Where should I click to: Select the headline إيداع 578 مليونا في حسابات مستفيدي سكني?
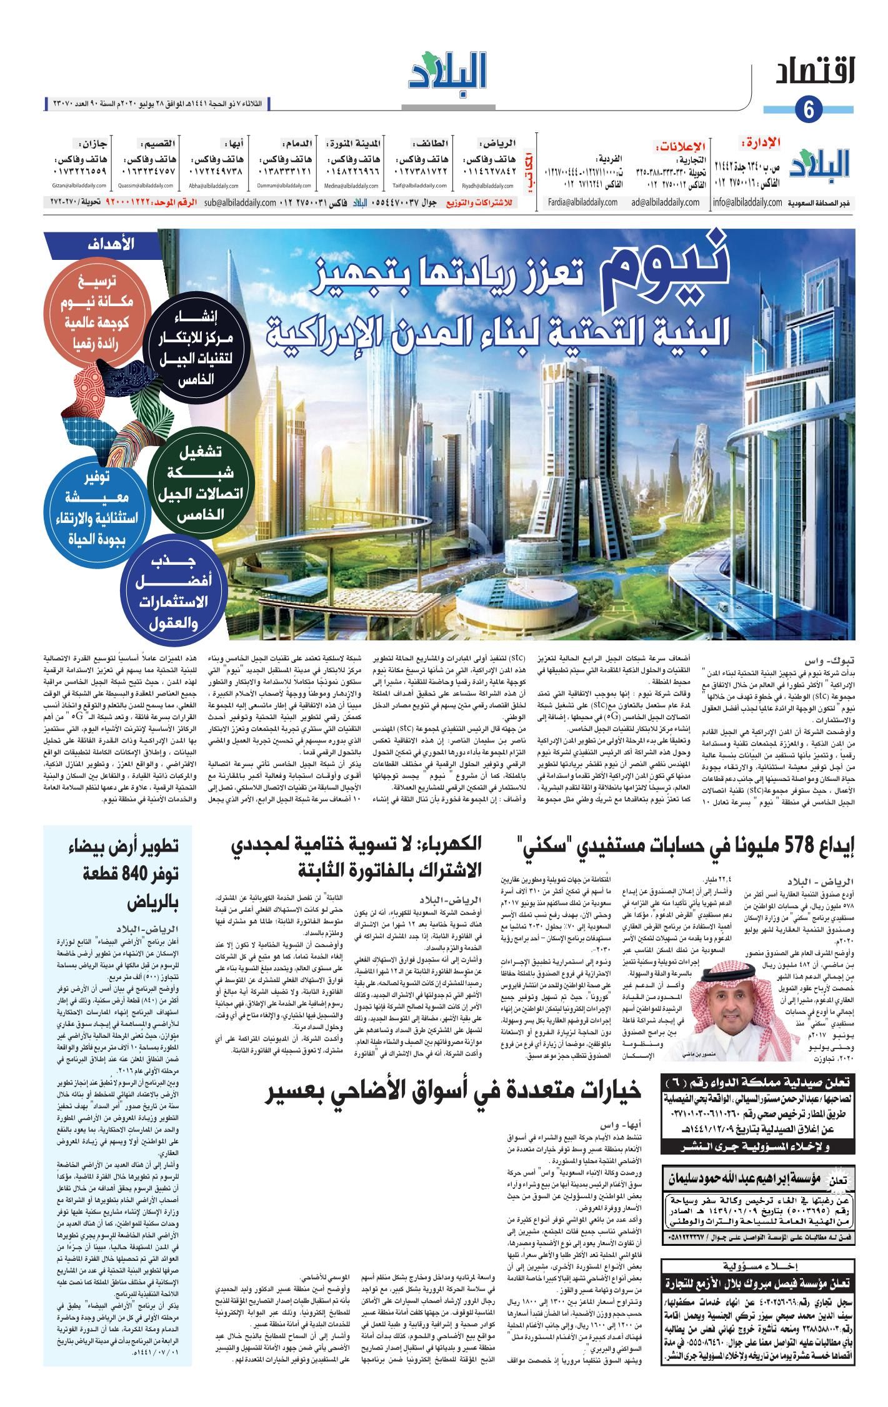pos(686,847)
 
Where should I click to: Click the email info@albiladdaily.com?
pos(747,202)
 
